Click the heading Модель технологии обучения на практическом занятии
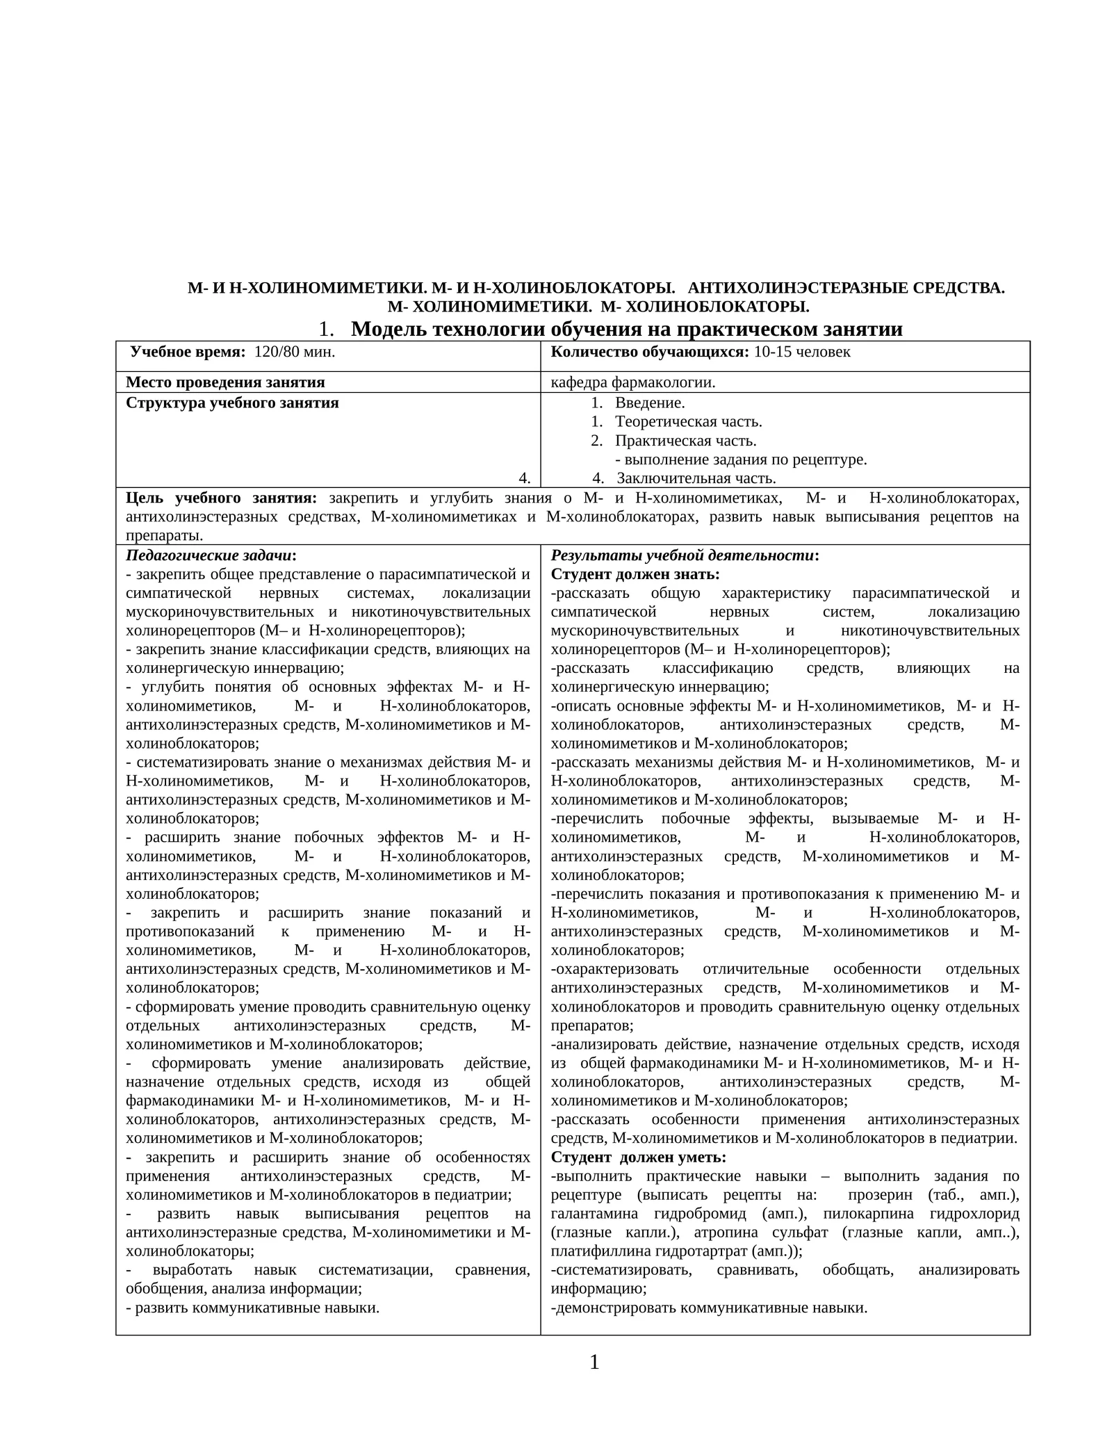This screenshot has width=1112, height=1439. pos(626,329)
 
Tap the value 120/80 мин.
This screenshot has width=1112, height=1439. pos(295,352)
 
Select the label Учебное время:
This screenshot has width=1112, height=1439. pos(188,352)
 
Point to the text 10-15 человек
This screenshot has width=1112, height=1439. pos(801,352)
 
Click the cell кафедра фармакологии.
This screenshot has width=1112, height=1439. pos(632,382)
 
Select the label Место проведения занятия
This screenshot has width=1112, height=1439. pos(225,382)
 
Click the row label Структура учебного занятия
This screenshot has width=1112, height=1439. pos(232,403)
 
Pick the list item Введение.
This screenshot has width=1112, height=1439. pos(649,403)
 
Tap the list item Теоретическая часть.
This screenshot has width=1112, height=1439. pos(688,421)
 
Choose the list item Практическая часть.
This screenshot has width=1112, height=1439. pos(685,441)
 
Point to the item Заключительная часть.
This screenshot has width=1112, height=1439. pos(696,478)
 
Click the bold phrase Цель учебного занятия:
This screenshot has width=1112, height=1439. pos(221,498)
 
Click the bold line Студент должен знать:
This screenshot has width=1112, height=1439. pos(635,574)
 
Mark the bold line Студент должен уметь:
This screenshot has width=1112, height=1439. pos(638,1157)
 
